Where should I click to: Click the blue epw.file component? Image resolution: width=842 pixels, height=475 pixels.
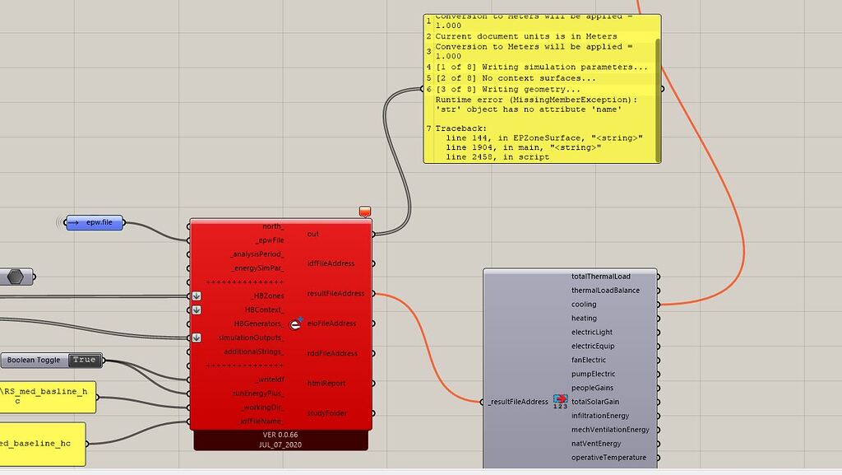tap(94, 222)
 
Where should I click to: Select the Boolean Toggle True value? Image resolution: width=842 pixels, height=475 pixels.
tap(83, 360)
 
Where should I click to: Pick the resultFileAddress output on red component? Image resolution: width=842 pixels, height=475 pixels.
tap(335, 294)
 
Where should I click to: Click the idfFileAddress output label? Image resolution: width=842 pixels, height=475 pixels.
tap(331, 263)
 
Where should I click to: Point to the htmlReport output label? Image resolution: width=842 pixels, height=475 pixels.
tap(326, 384)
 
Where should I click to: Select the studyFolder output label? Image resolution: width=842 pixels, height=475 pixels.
tap(327, 413)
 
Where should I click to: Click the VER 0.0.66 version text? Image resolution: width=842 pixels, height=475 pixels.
tap(280, 435)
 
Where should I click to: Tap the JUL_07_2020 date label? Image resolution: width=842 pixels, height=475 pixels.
tap(280, 445)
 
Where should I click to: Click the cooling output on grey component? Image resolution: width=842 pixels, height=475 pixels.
tap(584, 305)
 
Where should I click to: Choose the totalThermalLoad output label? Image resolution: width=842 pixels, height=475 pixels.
tap(600, 277)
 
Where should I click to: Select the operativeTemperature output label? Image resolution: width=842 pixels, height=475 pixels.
tap(608, 458)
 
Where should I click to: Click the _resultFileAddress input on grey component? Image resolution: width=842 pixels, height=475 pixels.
tap(518, 402)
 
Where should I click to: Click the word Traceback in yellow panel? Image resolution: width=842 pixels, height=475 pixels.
tap(460, 128)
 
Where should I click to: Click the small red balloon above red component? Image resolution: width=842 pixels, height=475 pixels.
tap(365, 212)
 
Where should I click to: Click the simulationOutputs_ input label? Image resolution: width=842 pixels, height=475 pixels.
tap(252, 338)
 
